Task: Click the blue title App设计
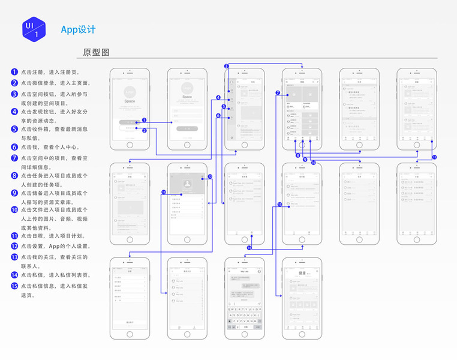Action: click(x=78, y=29)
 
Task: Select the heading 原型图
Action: click(x=96, y=52)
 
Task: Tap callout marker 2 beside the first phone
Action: click(x=145, y=130)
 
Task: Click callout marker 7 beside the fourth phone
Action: click(x=278, y=93)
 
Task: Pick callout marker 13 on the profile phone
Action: click(x=163, y=192)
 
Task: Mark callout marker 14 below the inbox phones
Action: click(x=249, y=248)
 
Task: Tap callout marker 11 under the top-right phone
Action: click(x=434, y=157)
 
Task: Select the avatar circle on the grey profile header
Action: click(x=187, y=182)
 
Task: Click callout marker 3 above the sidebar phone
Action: click(x=227, y=66)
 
